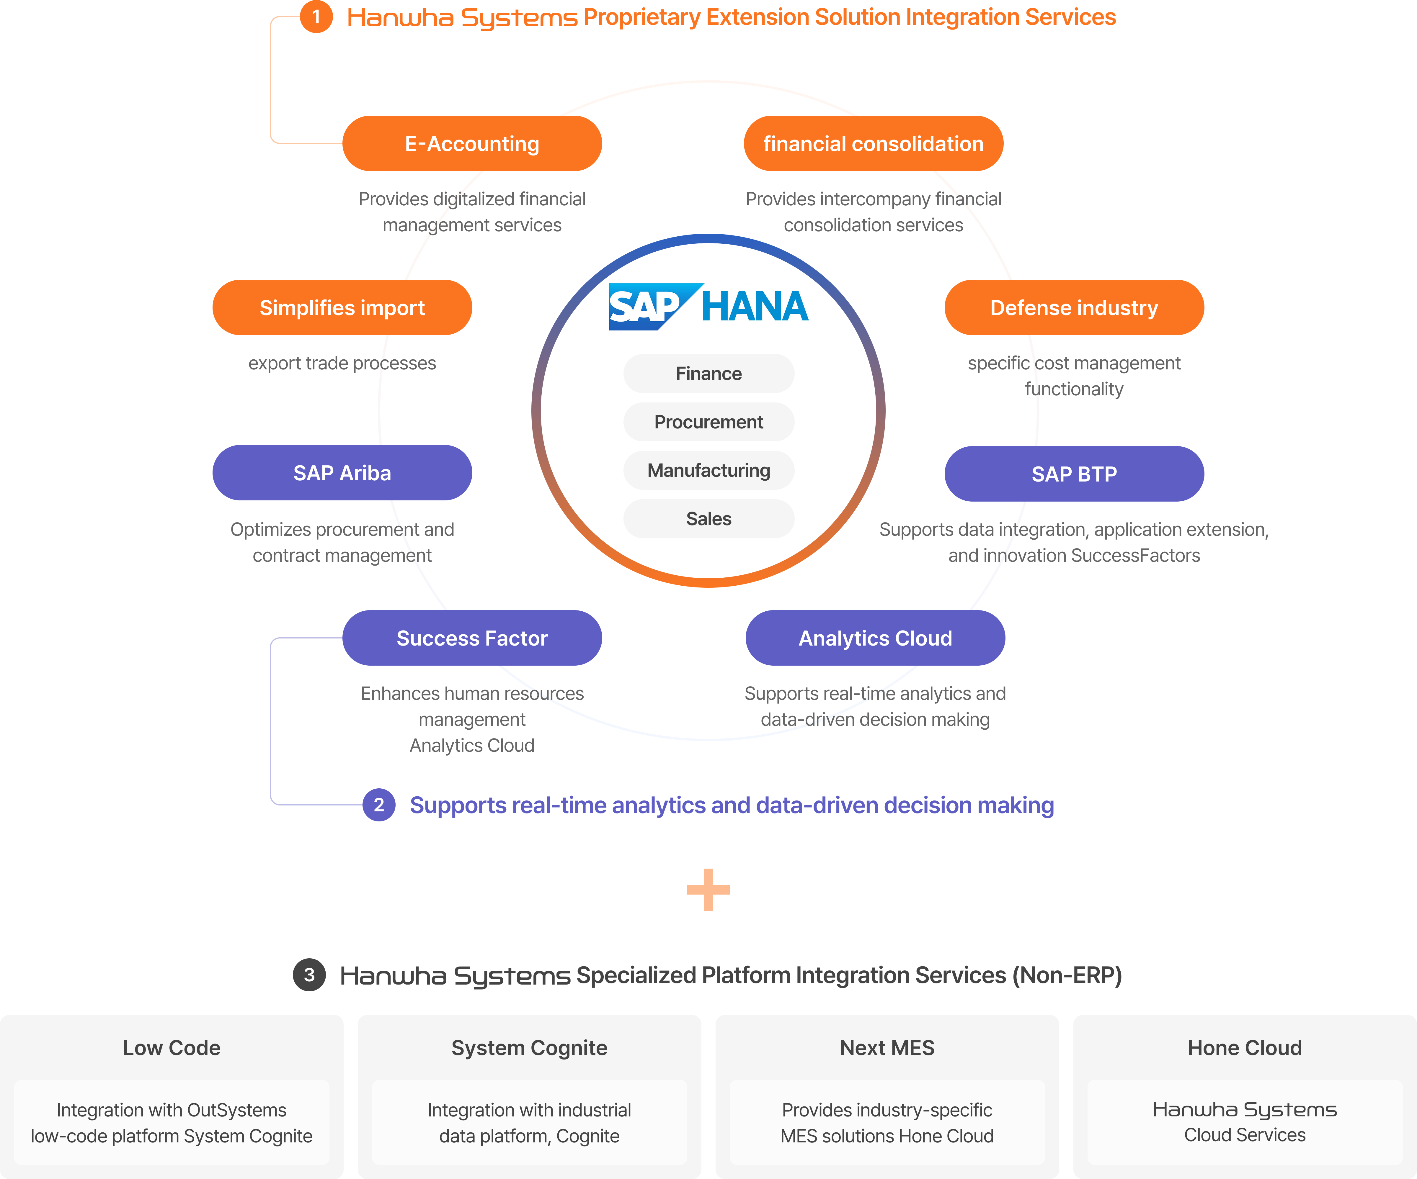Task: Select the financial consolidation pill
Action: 873,144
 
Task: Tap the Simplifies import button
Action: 342,307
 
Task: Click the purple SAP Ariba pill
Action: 342,473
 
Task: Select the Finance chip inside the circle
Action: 708,374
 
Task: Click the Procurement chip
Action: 708,422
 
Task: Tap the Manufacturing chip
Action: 708,470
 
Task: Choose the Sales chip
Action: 708,519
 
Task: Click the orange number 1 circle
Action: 316,17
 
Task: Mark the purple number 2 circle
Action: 378,805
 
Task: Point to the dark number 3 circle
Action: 309,975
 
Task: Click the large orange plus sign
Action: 708,890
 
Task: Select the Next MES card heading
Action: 887,1047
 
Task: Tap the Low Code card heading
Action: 172,1047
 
